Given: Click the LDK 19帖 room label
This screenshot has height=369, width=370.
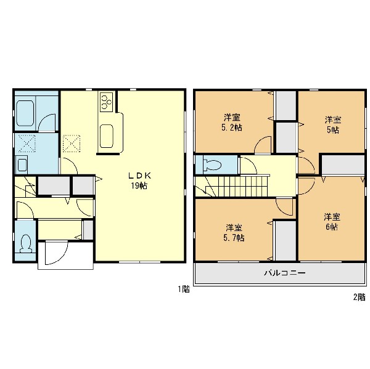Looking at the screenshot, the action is [139, 180].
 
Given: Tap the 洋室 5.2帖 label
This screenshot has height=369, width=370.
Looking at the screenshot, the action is [231, 123].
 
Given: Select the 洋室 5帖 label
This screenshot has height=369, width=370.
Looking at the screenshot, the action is [333, 124].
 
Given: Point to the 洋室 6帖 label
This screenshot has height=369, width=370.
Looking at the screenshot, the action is [332, 221].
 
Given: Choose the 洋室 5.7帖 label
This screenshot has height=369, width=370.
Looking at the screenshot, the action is [234, 233].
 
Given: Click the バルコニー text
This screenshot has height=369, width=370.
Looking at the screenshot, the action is [285, 273].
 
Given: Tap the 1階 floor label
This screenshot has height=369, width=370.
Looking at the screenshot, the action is [184, 289].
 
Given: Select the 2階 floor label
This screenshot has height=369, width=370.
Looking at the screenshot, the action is [359, 298].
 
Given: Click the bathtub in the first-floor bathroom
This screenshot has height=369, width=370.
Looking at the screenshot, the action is [25, 113].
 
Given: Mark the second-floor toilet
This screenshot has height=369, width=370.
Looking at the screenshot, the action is [212, 164].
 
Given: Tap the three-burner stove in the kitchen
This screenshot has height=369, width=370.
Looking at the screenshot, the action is [107, 102].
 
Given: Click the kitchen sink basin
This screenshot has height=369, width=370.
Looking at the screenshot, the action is [107, 136].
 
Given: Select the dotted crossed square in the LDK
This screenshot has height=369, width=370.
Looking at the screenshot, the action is [72, 144].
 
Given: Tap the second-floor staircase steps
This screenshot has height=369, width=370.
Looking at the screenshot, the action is [244, 186].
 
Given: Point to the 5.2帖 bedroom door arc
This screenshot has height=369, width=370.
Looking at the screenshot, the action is [263, 145].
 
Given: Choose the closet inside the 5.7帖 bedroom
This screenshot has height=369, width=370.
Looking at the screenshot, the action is [286, 240].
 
